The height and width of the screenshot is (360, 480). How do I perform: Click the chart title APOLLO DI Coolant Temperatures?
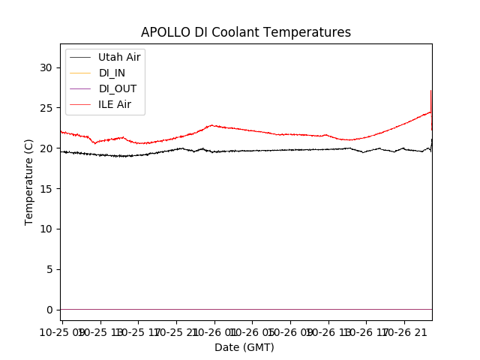(x=246, y=32)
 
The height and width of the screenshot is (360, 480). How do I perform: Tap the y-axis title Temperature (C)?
(x=29, y=181)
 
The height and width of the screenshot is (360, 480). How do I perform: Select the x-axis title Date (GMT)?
(x=244, y=347)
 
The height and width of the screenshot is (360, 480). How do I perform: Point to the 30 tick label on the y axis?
(x=46, y=67)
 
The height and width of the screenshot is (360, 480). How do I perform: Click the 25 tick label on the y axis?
(x=46, y=108)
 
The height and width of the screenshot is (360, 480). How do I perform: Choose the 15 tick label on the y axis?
(x=46, y=189)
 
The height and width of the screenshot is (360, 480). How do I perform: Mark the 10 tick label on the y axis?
(x=46, y=229)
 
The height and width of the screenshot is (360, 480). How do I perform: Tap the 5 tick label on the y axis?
(x=49, y=269)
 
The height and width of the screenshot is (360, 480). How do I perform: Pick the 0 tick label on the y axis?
(x=49, y=310)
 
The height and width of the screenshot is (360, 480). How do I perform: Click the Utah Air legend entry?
(x=119, y=57)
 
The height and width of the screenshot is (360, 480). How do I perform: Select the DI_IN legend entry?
(x=112, y=73)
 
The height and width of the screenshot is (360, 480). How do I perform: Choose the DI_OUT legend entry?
(x=117, y=88)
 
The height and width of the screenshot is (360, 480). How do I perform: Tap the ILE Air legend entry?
(x=115, y=104)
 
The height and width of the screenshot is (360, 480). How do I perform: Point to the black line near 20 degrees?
(x=262, y=150)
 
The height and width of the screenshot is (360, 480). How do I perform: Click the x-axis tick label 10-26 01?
(x=214, y=331)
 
